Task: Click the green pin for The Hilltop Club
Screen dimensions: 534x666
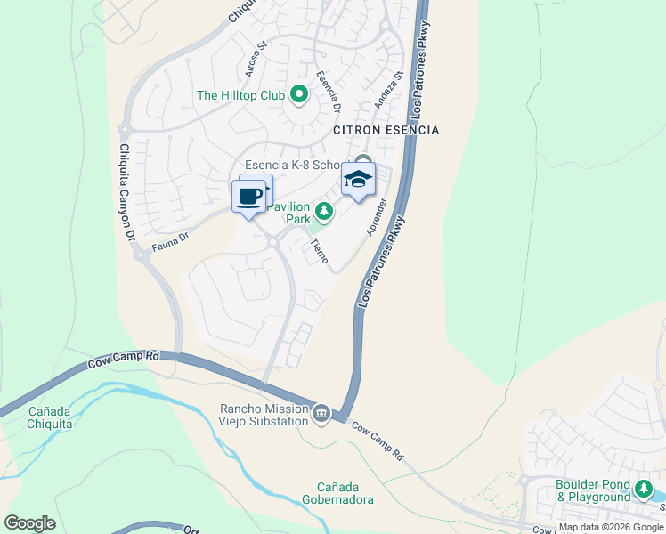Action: click(x=299, y=94)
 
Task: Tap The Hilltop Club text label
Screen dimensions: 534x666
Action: click(x=240, y=95)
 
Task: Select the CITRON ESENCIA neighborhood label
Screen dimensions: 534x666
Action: click(x=386, y=130)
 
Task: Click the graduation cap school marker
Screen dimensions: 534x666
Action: click(x=358, y=181)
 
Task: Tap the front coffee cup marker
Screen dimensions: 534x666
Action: click(x=249, y=197)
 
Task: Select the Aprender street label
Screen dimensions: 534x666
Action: click(x=378, y=217)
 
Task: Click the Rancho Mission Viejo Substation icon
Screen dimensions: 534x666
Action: click(x=321, y=414)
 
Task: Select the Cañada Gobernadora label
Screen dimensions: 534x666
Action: click(x=337, y=493)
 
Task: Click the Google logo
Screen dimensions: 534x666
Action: click(x=29, y=523)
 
